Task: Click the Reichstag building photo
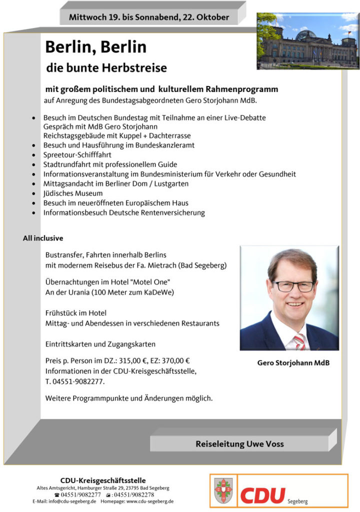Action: (x=307, y=41)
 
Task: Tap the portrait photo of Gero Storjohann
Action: (x=289, y=298)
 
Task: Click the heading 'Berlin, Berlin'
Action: (x=95, y=47)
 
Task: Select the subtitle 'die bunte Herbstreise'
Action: (x=106, y=67)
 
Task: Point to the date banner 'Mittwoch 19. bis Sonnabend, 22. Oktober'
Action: (x=149, y=17)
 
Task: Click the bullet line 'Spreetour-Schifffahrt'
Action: (x=77, y=155)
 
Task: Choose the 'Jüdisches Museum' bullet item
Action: (x=73, y=193)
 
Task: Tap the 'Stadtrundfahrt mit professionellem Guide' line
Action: (x=110, y=164)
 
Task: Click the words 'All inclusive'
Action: (x=43, y=238)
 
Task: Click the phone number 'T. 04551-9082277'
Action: (x=75, y=381)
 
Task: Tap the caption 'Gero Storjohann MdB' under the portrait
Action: (x=293, y=363)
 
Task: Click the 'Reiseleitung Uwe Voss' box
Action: (x=239, y=443)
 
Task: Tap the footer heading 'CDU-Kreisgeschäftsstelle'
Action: (x=103, y=480)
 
